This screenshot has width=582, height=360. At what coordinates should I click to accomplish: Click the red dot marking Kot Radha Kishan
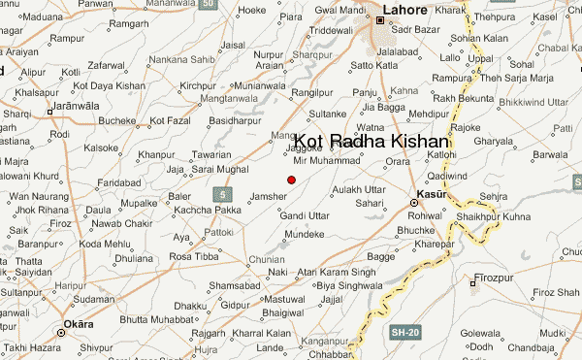291,179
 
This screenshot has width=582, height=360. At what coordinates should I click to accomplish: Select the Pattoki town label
218,233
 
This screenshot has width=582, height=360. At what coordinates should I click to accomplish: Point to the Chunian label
266,260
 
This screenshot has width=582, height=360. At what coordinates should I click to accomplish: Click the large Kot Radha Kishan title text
372,142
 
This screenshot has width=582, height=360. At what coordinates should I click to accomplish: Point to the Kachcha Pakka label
208,210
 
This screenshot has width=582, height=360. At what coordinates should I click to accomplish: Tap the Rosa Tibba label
193,256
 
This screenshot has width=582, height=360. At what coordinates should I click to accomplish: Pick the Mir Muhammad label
326,160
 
